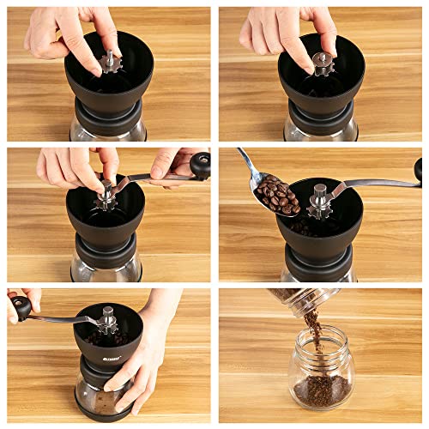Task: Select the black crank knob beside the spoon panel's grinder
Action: click(419, 169)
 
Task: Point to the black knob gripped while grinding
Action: click(21, 306)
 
